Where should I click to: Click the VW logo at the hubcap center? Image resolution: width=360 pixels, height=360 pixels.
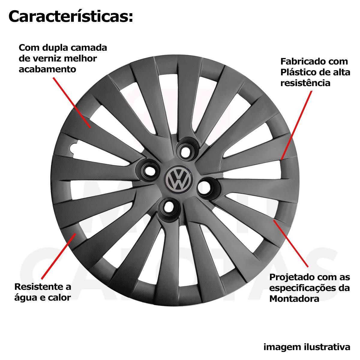[178, 179]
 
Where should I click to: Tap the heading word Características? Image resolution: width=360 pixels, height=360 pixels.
[70, 16]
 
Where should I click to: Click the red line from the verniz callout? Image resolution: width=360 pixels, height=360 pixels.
[72, 103]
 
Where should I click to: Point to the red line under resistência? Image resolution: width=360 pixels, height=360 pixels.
[296, 125]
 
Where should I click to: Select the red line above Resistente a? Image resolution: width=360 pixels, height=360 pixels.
[59, 256]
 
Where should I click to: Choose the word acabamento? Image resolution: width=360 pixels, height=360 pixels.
[47, 69]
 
